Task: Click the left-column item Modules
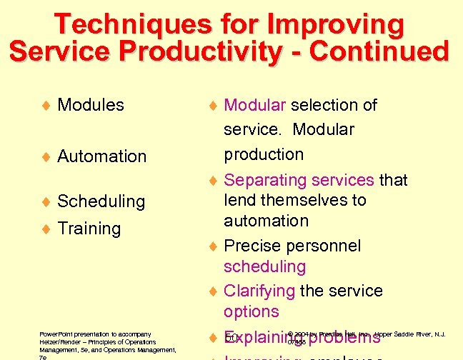(x=91, y=105)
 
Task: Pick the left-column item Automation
(x=101, y=156)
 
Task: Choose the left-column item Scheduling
(x=101, y=201)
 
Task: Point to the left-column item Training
(x=89, y=229)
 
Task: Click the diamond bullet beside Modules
(x=46, y=106)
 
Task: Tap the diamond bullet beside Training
(x=46, y=229)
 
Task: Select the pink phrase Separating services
(x=299, y=180)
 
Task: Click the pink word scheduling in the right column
(x=254, y=266)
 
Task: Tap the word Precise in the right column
(x=252, y=246)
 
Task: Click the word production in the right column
(x=264, y=154)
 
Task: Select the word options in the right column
(x=251, y=311)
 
